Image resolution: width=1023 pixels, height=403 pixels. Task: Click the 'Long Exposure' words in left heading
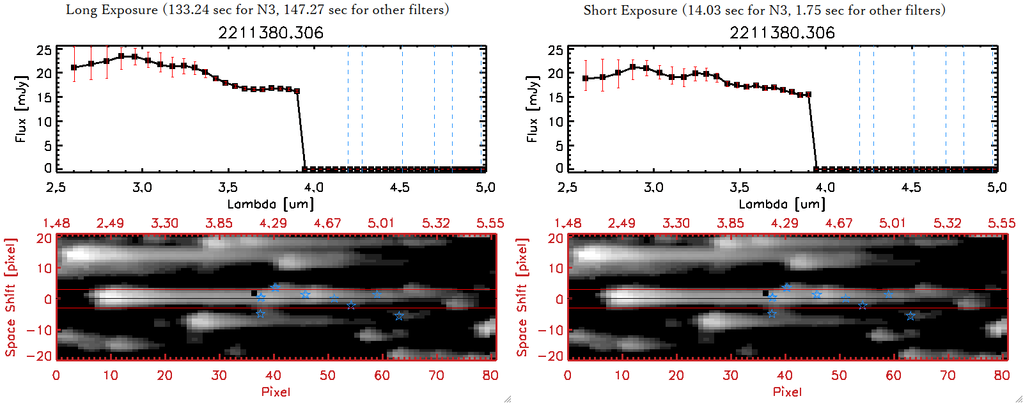112,10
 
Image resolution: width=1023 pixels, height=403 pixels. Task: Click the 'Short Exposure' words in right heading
630,10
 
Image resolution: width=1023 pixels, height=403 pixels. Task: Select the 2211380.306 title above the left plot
270,33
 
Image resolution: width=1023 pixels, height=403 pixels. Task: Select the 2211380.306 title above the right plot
782,33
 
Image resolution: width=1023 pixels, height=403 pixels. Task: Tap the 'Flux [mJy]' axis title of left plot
21,109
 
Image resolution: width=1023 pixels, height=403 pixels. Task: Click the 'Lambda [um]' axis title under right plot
782,204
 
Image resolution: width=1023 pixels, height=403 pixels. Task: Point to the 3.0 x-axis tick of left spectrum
142,187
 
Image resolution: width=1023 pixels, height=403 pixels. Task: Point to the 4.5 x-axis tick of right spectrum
911,187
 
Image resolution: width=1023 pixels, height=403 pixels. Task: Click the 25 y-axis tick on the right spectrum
556,51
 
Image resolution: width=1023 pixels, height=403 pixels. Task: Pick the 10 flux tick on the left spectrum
44,122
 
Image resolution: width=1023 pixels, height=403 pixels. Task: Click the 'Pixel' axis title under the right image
787,391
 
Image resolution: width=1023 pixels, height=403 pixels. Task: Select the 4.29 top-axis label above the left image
273,223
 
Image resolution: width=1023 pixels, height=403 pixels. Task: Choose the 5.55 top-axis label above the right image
1001,223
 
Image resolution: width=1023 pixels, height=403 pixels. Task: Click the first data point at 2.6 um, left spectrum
74,67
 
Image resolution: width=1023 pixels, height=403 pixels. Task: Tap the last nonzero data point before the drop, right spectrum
808,95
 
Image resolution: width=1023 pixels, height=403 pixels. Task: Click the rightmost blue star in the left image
399,316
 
